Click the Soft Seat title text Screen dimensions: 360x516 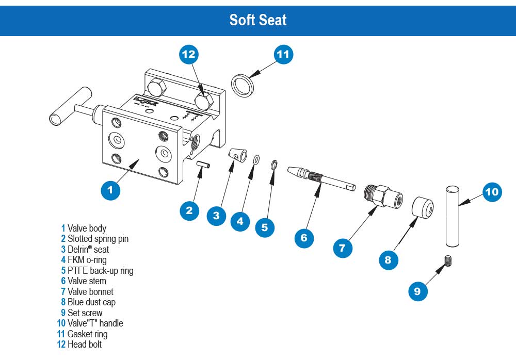pos(258,20)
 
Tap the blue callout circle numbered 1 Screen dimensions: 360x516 pos(110,190)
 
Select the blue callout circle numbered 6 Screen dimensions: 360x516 pos(304,238)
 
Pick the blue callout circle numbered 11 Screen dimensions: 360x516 pos(283,55)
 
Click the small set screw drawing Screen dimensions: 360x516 pos(448,262)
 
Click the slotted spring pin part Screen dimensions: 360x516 pos(202,169)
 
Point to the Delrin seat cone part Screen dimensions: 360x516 pos(236,156)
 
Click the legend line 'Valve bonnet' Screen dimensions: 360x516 pos(88,291)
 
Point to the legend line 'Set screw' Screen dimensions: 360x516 pos(83,313)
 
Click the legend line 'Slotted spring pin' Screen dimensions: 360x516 pos(95,238)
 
